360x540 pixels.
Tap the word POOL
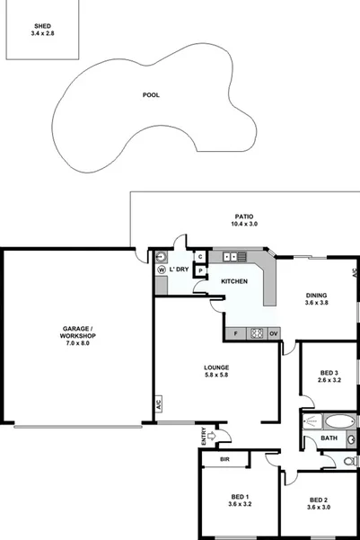151,94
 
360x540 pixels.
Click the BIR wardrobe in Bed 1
213,458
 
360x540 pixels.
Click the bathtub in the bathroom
338,421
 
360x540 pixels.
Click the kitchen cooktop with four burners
258,333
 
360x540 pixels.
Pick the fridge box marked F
235,333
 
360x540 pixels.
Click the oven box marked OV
274,333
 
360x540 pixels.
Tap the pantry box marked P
200,270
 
